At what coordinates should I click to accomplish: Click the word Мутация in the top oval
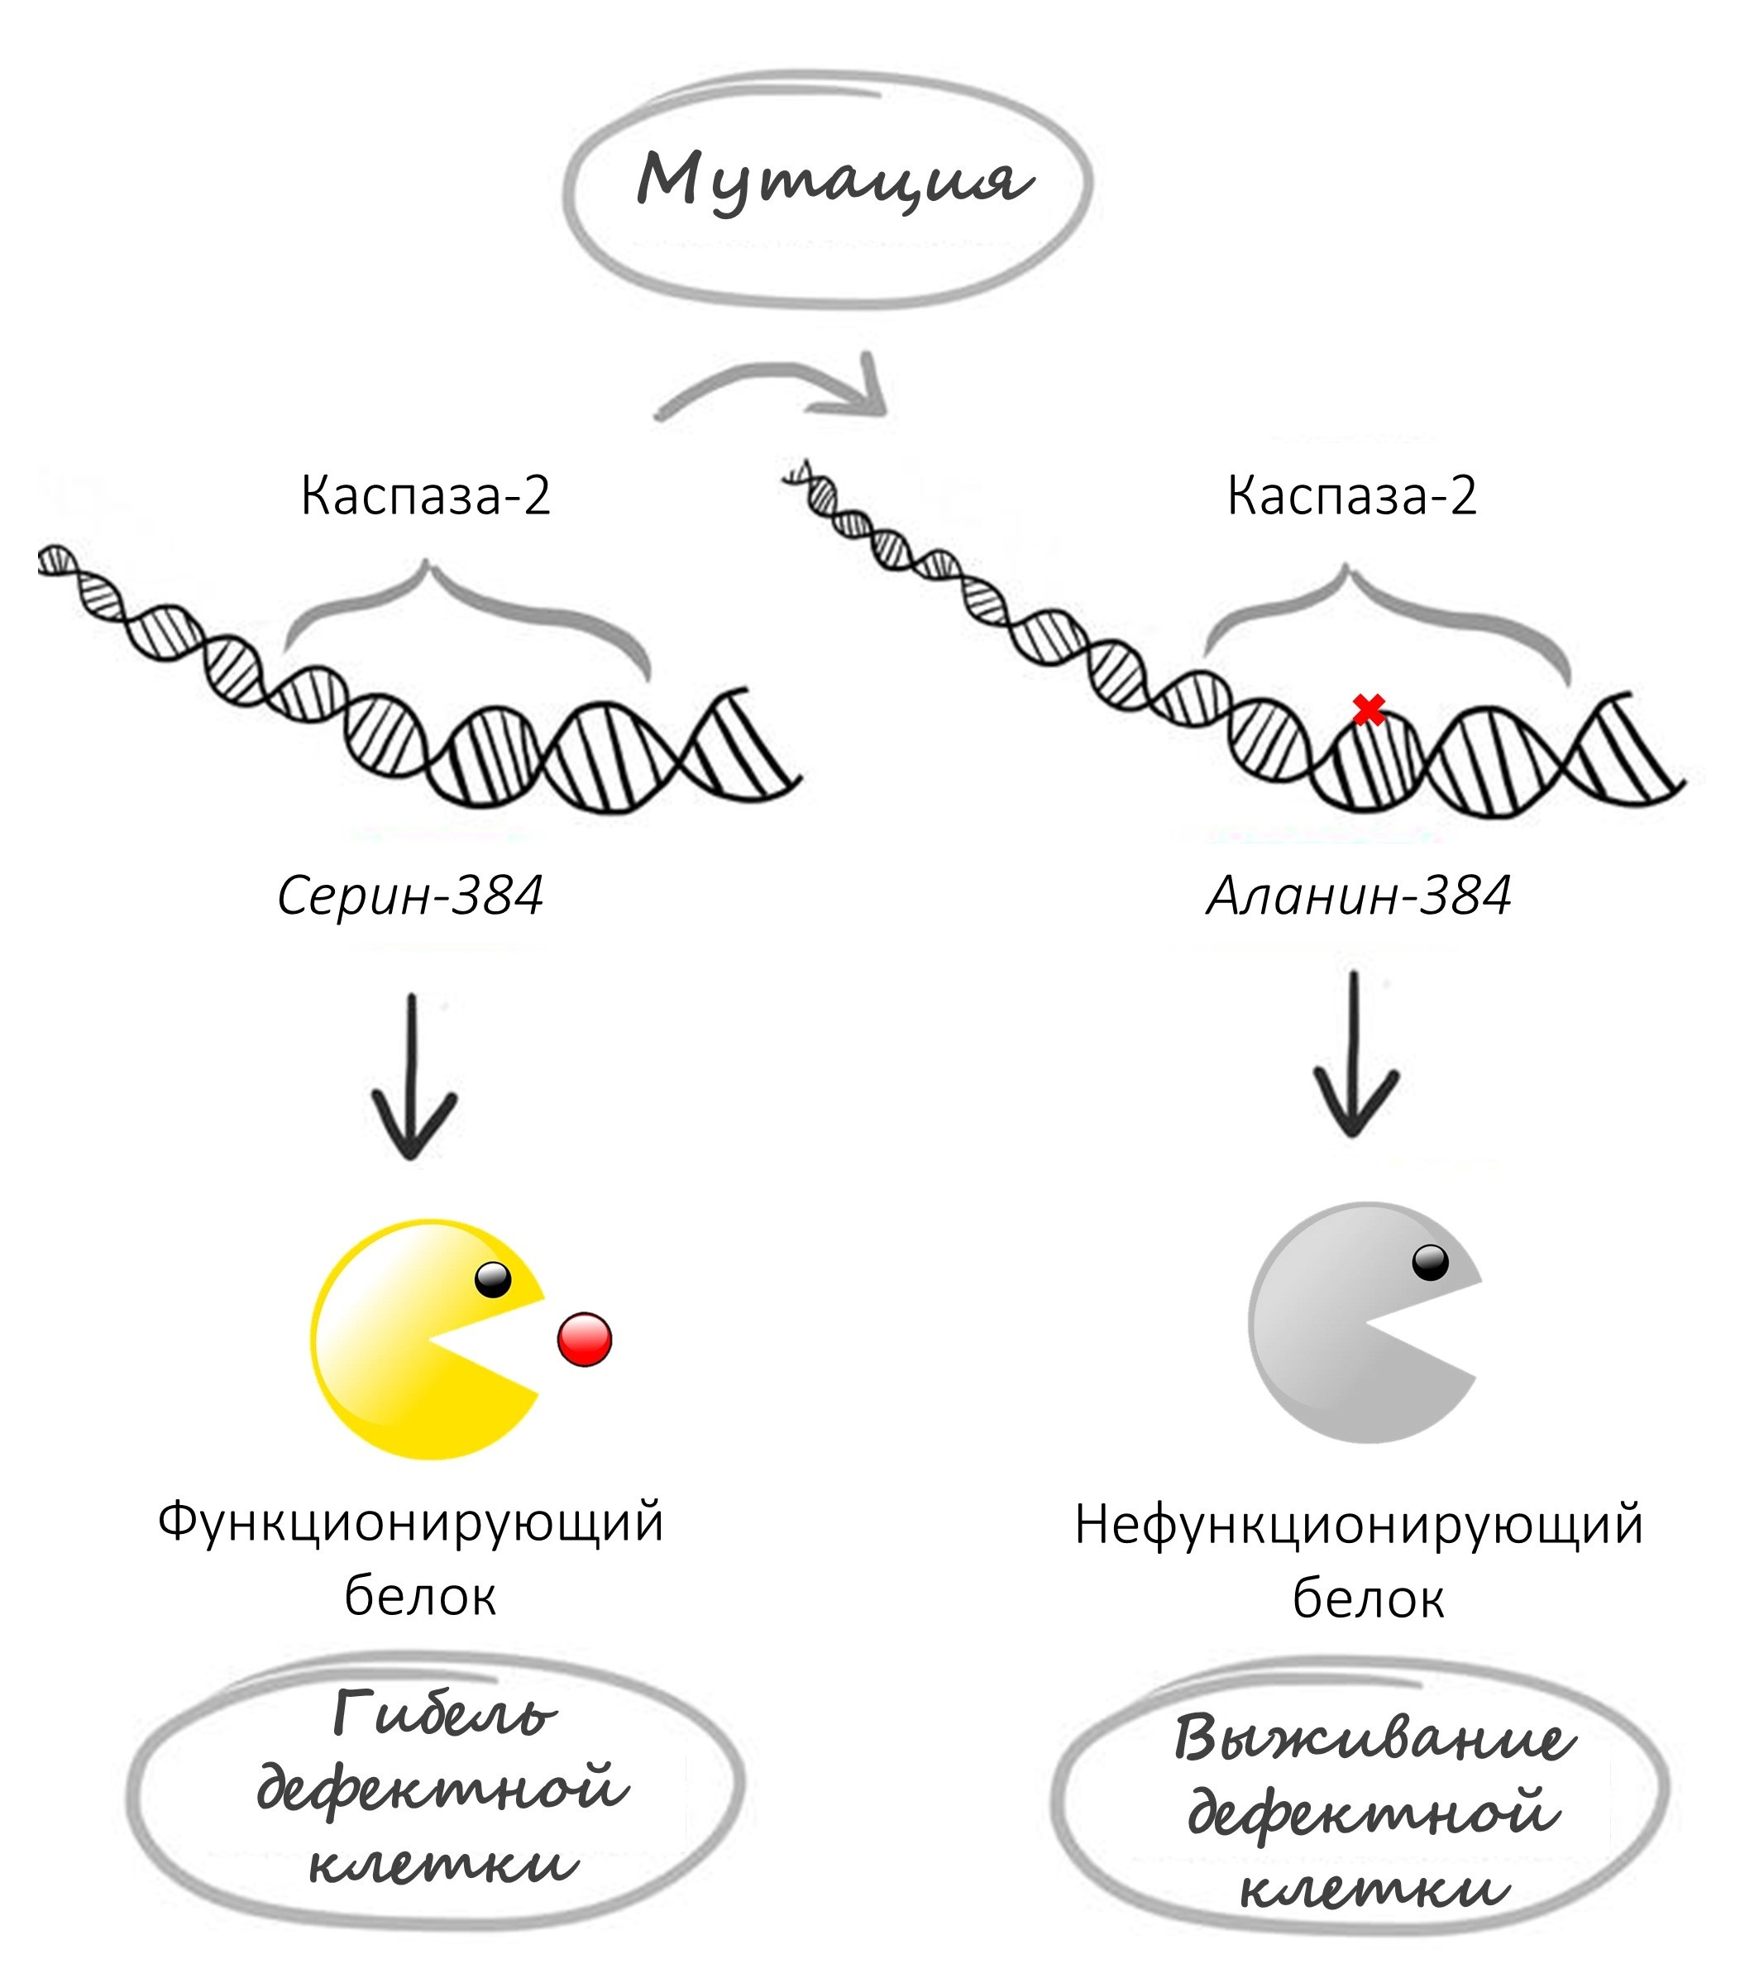click(832, 180)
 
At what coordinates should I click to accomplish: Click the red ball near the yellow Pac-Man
click(585, 1340)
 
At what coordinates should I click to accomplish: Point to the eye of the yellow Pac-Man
click(493, 1279)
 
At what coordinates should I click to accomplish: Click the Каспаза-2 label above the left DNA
click(426, 496)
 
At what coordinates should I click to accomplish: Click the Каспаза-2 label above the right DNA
click(1352, 496)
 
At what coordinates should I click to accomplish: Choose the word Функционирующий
click(410, 1522)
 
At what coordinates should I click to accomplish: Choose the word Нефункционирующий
click(1359, 1525)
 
